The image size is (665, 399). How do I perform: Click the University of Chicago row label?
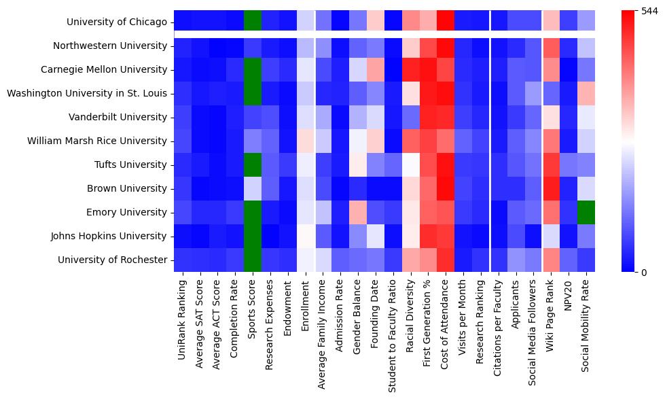pyautogui.click(x=117, y=22)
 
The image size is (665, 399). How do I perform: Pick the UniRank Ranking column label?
pyautogui.click(x=183, y=320)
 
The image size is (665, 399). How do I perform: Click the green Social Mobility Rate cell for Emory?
pyautogui.click(x=586, y=212)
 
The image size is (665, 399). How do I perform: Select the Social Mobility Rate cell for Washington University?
pyautogui.click(x=586, y=94)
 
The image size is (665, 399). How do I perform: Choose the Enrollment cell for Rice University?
pyautogui.click(x=306, y=141)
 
